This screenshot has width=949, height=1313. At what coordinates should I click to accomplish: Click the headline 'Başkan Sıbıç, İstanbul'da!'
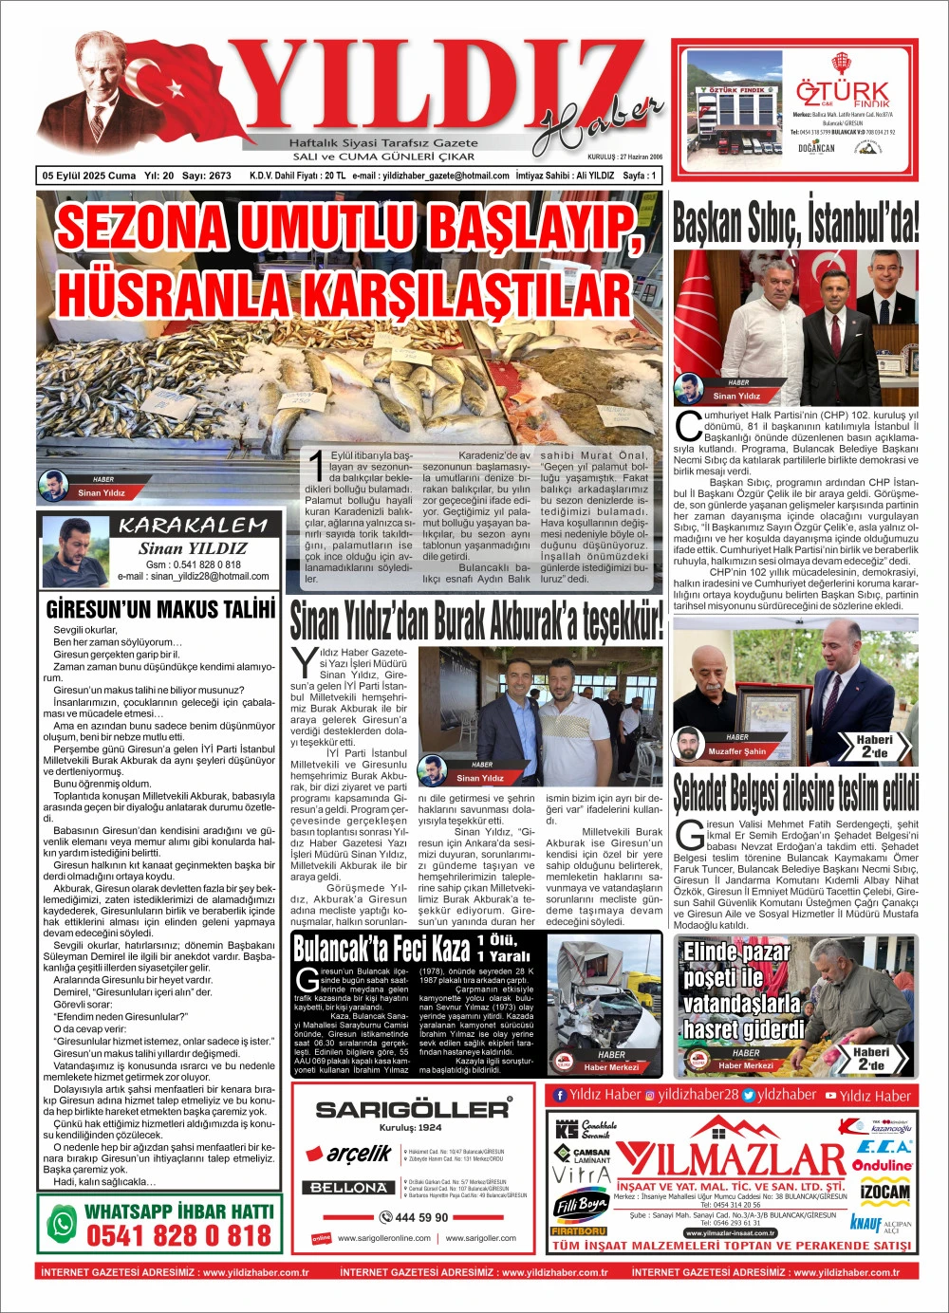[795, 223]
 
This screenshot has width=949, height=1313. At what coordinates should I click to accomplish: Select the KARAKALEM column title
[193, 526]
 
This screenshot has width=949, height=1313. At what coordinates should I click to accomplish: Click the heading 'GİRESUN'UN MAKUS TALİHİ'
[160, 608]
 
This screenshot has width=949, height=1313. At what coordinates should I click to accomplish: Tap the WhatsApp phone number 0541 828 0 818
[178, 1235]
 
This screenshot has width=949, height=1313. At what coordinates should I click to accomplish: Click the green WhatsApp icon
[62, 1223]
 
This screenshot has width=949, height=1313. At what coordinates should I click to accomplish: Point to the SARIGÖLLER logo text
[412, 1109]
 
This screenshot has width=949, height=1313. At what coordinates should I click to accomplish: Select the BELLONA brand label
[349, 1188]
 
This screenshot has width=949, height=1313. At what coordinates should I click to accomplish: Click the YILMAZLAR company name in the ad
[731, 1159]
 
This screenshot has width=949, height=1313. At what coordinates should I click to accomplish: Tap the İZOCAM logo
[884, 1192]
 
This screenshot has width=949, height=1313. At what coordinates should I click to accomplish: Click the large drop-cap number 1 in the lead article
[316, 467]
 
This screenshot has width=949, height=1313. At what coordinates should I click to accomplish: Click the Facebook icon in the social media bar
[560, 1095]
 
